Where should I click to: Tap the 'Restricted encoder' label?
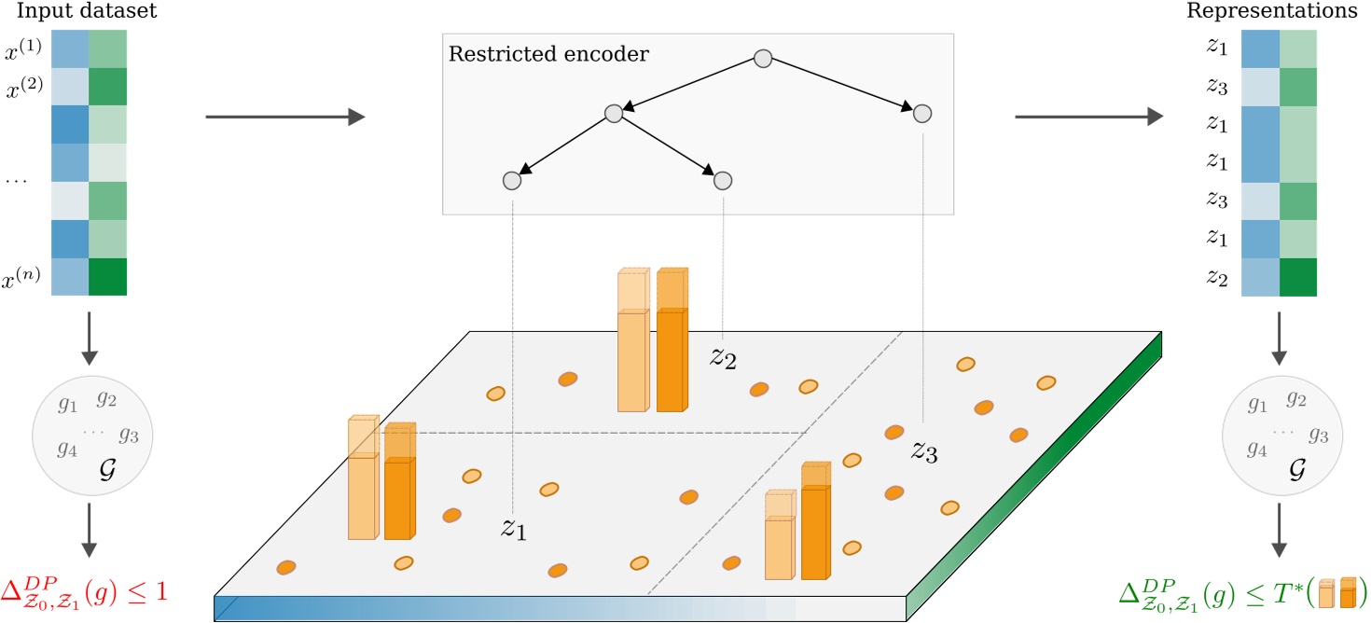coord(548,53)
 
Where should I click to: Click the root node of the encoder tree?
coord(762,59)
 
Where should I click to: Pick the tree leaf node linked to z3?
coord(922,114)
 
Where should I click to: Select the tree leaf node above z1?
coord(511,179)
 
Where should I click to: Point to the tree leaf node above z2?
coord(723,179)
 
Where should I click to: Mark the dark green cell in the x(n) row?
coord(108,276)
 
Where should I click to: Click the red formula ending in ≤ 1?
coord(90,590)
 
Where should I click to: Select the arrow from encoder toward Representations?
coord(1087,117)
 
